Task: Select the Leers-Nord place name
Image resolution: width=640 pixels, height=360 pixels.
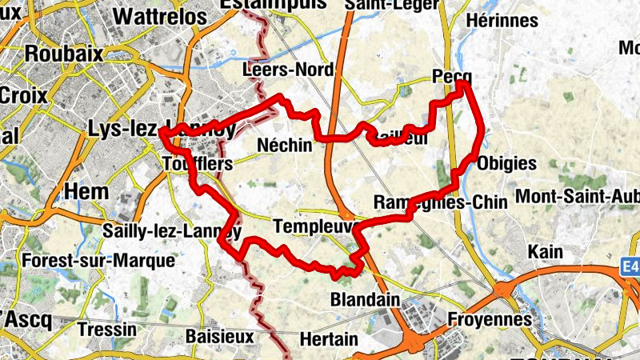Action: [288, 70]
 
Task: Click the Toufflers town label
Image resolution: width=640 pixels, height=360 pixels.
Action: [196, 164]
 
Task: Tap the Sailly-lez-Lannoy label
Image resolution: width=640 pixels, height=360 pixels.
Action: [172, 231]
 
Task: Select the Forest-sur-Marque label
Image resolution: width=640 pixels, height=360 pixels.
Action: [99, 261]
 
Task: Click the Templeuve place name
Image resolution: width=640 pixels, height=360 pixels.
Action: [313, 226]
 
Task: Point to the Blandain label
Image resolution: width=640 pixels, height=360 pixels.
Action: [365, 300]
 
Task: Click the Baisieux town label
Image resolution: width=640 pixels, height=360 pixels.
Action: [219, 336]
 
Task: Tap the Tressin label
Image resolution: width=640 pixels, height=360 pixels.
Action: [108, 330]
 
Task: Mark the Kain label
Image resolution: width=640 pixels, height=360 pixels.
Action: [546, 252]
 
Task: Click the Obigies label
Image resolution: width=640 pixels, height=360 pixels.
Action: [506, 163]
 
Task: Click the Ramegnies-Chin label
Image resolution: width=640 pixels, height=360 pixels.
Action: [440, 202]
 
